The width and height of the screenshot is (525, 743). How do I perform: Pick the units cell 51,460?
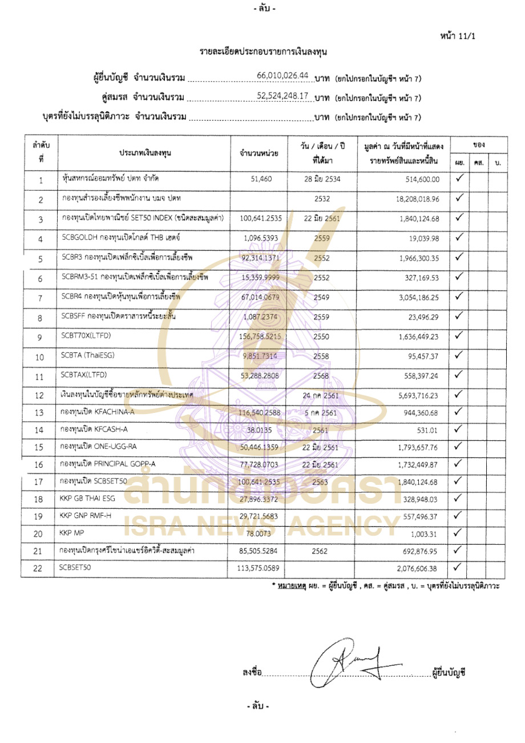click(261, 179)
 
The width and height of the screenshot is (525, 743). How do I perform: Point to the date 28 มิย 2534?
click(322, 179)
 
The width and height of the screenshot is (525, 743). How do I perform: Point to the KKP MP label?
click(72, 533)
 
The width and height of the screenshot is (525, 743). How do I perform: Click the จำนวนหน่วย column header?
click(259, 153)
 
